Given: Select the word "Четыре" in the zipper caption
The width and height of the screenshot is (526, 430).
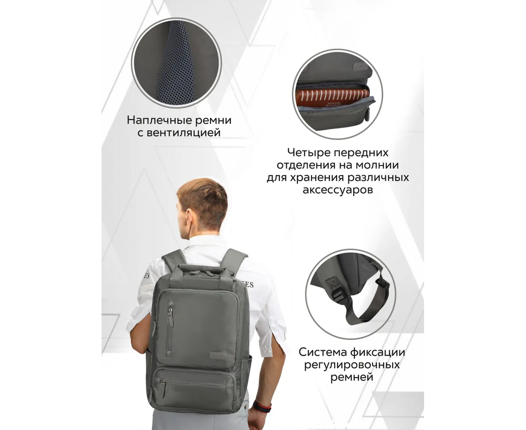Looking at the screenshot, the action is click(309, 153).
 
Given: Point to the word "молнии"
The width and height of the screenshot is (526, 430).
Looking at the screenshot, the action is click(377, 165).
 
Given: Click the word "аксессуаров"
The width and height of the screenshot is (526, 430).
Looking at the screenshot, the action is click(338, 190).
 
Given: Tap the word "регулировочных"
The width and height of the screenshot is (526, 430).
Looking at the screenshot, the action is click(352, 365).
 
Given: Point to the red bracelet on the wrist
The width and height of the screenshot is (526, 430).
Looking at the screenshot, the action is click(262, 407).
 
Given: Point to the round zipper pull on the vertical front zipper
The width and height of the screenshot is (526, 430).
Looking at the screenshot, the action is click(170, 310).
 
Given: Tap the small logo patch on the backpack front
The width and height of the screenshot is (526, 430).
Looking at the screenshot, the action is click(218, 355).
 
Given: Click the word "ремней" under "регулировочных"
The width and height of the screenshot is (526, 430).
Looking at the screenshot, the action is click(352, 378).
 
